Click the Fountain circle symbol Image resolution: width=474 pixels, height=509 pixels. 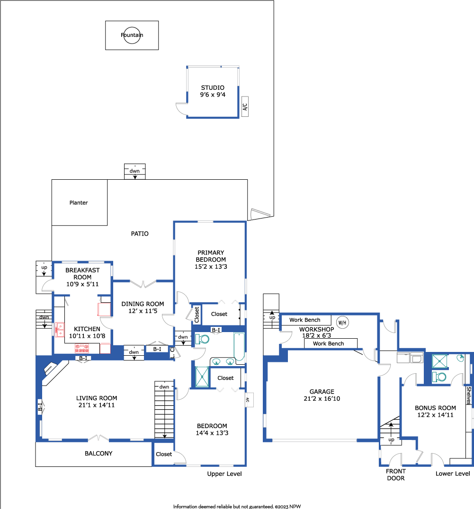point(132,27)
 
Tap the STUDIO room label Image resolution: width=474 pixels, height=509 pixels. point(213,88)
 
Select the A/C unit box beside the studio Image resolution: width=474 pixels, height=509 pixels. point(245,106)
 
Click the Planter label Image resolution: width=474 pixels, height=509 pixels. point(79,202)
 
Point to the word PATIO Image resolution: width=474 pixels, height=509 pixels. point(140,234)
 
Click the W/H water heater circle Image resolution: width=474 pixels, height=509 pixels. point(342,322)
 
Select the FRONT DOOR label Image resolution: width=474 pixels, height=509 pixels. point(396,474)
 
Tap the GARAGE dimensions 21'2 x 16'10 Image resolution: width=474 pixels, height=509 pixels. point(322,399)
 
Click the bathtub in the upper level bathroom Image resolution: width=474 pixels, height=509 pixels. point(239,347)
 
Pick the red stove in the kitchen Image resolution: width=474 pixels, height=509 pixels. point(82,349)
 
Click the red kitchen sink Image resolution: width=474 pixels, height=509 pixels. point(60,330)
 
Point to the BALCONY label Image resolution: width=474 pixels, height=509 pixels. point(98,454)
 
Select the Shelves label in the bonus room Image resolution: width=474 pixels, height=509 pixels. point(468,395)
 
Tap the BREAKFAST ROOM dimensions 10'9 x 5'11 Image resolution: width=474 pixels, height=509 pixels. point(82,284)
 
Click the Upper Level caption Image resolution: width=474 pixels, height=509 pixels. point(224,474)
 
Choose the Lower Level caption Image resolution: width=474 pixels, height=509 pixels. point(453,474)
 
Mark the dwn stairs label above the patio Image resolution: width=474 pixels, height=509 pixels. point(134,171)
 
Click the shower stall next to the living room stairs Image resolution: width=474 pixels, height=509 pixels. point(202,377)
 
